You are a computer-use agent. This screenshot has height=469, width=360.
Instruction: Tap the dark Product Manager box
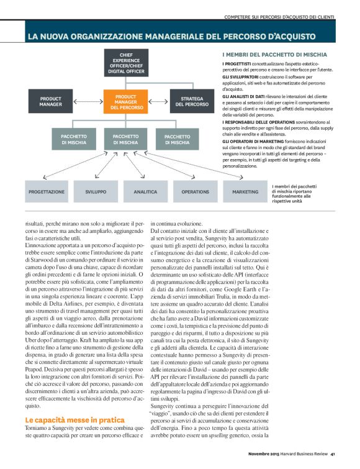50,102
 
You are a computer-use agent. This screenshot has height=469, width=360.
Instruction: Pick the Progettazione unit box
46,192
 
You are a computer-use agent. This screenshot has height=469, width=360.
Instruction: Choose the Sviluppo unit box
95,192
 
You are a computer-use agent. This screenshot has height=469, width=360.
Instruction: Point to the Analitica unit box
145,192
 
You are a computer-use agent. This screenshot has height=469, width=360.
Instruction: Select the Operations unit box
194,192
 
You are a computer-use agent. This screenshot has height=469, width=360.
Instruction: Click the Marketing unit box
245,192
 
